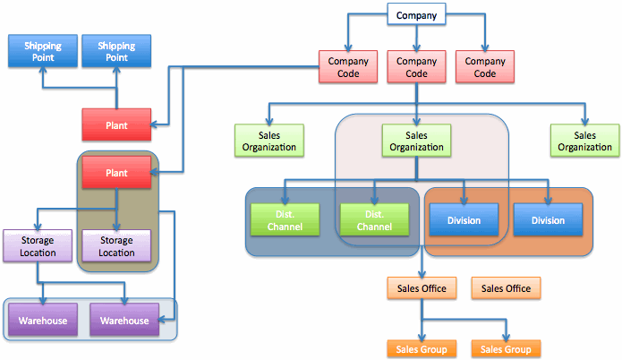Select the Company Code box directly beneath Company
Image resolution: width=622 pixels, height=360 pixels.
[x=416, y=67]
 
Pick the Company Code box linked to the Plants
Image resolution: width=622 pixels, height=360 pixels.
[x=348, y=67]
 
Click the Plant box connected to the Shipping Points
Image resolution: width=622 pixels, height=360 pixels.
[x=116, y=124]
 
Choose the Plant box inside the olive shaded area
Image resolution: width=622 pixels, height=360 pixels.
[x=116, y=172]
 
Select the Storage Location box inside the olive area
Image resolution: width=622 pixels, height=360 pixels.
[x=116, y=246]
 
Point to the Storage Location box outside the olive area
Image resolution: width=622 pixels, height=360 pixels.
[x=36, y=246]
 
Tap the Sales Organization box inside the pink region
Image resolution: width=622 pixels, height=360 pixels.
[x=416, y=140]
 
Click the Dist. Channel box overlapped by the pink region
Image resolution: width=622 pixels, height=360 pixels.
[x=374, y=220]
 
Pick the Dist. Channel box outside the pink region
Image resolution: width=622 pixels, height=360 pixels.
[x=285, y=220]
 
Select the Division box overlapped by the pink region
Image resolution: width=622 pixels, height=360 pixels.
[x=463, y=220]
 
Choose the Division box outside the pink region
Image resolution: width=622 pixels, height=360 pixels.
[x=549, y=220]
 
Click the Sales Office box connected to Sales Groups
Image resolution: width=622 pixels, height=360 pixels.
[x=422, y=288]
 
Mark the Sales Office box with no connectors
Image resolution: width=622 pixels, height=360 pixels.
[x=506, y=288]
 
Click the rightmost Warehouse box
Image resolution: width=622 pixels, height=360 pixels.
[x=124, y=321]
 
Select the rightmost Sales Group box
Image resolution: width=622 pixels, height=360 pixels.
[x=506, y=349]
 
